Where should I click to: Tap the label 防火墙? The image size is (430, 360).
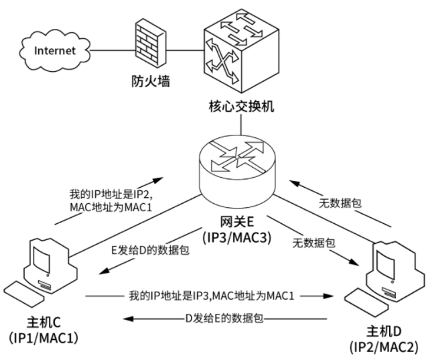pos(149,83)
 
